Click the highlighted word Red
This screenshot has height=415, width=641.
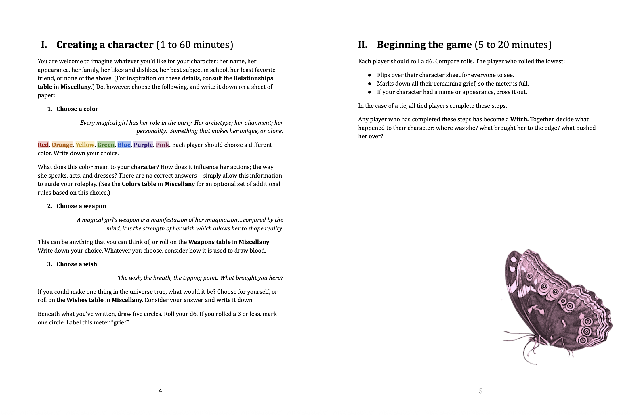pyautogui.click(x=43, y=145)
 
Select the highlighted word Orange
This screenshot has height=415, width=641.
pyautogui.click(x=62, y=145)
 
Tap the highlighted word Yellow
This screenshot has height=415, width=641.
pyautogui.click(x=85, y=145)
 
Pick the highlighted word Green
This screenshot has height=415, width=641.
pyautogui.click(x=106, y=145)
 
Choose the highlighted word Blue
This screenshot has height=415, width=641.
pyautogui.click(x=124, y=145)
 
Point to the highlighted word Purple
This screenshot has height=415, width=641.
pyautogui.click(x=143, y=145)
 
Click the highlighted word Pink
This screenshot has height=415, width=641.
pyautogui.click(x=162, y=145)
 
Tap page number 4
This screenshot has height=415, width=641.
pyautogui.click(x=160, y=391)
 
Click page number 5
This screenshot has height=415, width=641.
pyautogui.click(x=481, y=391)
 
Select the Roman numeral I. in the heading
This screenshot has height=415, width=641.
pyautogui.click(x=44, y=45)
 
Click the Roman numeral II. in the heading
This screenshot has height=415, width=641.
pyautogui.click(x=363, y=45)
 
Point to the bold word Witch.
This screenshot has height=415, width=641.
pyautogui.click(x=519, y=119)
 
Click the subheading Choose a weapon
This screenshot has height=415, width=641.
pyautogui.click(x=81, y=206)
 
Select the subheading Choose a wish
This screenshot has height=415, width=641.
pyautogui.click(x=77, y=264)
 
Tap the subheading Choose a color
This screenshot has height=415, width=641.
pyautogui.click(x=77, y=109)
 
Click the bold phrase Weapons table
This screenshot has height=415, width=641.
pyautogui.click(x=209, y=242)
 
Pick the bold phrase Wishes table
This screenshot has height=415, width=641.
pyautogui.click(x=85, y=300)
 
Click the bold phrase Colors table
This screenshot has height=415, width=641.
pyautogui.click(x=139, y=184)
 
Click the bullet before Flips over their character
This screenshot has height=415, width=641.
pyautogui.click(x=370, y=75)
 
